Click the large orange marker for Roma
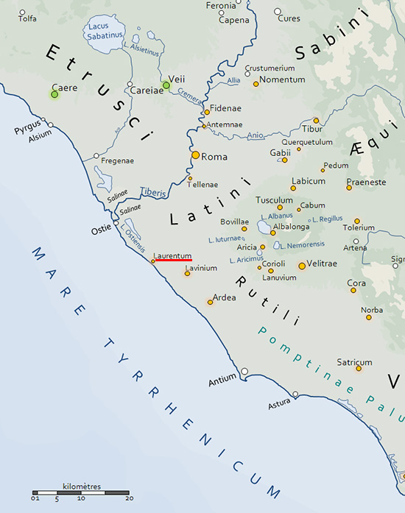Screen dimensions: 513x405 (195, 155)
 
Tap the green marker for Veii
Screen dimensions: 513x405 (166, 85)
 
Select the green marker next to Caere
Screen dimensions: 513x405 (54, 93)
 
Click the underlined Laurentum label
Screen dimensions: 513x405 (172, 255)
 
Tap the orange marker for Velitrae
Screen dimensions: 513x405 (302, 266)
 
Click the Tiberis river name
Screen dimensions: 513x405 (153, 190)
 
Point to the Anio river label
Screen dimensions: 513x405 (256, 135)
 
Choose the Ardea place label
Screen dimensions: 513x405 (224, 297)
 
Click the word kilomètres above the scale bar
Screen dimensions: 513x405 (82, 487)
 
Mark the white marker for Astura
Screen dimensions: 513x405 (295, 395)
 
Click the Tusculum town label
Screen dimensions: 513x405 (274, 199)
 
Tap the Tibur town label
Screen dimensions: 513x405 (312, 130)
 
